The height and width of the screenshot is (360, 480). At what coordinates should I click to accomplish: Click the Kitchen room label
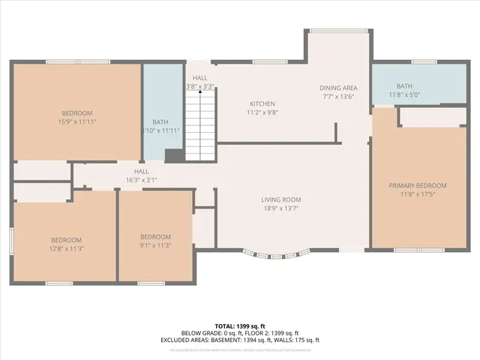click(262, 103)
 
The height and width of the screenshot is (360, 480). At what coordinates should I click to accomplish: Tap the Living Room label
click(281, 199)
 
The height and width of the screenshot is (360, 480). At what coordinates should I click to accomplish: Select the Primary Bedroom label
click(417, 185)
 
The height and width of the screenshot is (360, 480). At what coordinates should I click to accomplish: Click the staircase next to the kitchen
click(200, 124)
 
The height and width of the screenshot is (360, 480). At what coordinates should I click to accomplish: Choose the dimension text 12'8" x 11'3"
click(66, 248)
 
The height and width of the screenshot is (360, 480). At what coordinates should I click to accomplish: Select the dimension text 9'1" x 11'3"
click(156, 244)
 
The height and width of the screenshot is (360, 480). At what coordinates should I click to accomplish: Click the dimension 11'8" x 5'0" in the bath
click(406, 95)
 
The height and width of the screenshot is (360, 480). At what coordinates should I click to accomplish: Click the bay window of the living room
click(281, 253)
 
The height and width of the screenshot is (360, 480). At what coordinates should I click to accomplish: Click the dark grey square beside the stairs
click(173, 155)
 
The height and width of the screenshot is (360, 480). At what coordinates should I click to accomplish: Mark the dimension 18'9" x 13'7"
click(281, 208)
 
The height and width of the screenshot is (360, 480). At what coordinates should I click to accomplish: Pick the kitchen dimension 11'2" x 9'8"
click(262, 112)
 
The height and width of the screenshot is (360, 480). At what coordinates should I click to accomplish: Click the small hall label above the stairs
click(199, 78)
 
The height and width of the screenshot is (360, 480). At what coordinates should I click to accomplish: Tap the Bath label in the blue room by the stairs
click(160, 121)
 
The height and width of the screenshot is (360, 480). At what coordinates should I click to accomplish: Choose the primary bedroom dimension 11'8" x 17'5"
click(417, 194)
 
